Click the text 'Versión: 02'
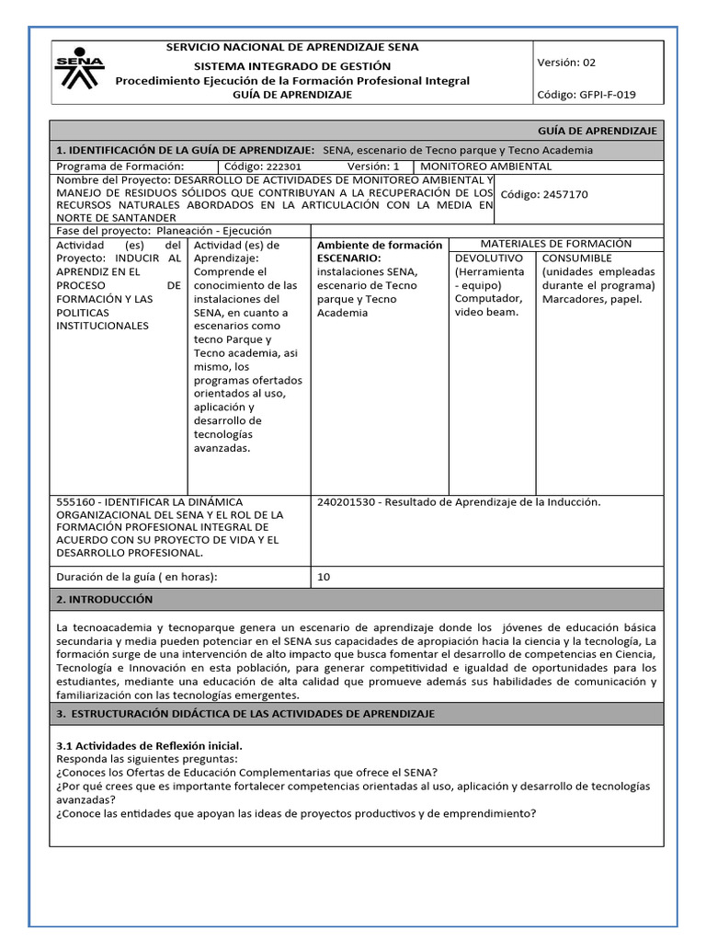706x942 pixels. (x=565, y=63)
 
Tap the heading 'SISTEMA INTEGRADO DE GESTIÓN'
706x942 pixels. (x=291, y=66)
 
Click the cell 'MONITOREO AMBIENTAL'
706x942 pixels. (x=485, y=167)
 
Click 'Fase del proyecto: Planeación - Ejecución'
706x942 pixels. (x=165, y=231)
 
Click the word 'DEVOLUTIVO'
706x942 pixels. (x=489, y=258)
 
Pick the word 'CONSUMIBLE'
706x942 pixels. (x=576, y=258)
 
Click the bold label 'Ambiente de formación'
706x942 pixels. (x=380, y=246)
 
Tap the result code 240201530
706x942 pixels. (x=347, y=502)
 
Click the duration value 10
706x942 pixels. (x=324, y=577)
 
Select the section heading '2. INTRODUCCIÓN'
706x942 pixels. (x=105, y=599)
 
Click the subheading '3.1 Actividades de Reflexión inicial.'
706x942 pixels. (x=150, y=744)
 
